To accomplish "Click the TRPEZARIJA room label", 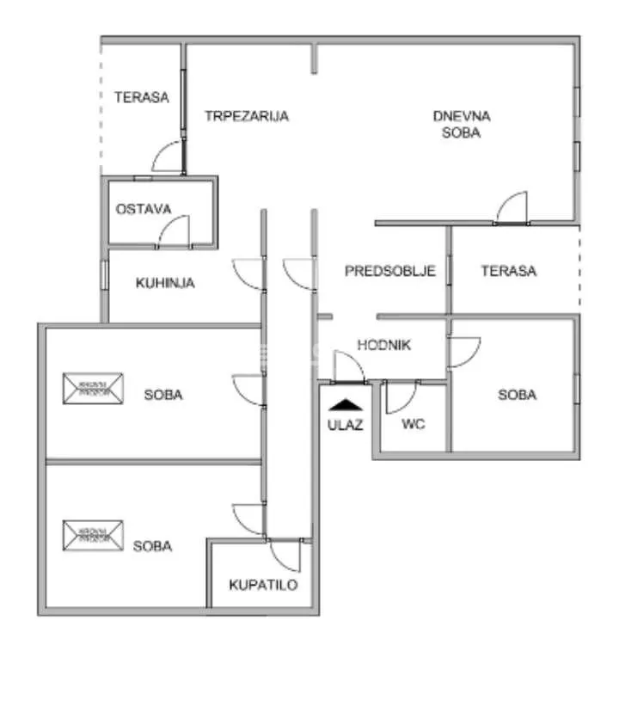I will (246, 116).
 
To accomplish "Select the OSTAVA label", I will (144, 208).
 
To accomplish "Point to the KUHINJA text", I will (165, 282).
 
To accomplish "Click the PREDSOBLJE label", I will (390, 271).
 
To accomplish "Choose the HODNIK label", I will (384, 345).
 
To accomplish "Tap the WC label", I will (414, 424).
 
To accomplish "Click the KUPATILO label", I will (263, 585).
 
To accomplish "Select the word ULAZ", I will (345, 424).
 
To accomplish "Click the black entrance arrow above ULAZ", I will (345, 403).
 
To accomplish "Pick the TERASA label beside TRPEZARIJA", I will (142, 97).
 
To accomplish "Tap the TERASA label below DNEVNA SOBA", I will (508, 271).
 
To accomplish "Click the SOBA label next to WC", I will (517, 395).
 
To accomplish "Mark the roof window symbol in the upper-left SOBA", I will (93, 388).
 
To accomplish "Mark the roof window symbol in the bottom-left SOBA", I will (93, 535).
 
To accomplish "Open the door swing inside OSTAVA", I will (175, 230).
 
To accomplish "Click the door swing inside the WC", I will (400, 396).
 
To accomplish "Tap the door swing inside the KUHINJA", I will (248, 274).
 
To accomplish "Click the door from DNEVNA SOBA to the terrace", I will (513, 207).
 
